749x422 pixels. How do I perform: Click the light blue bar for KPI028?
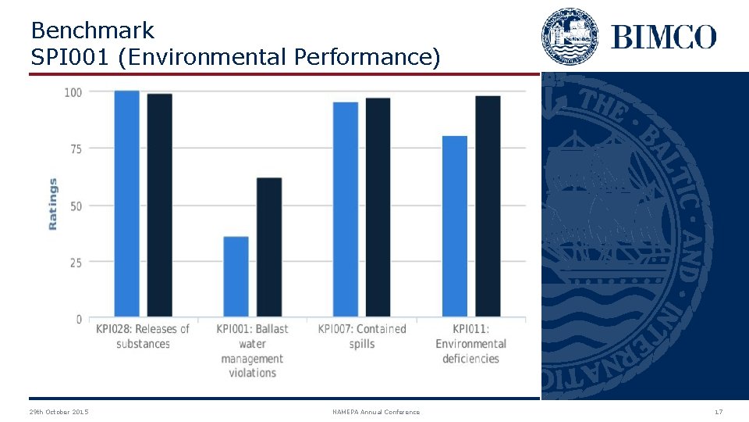point(126,204)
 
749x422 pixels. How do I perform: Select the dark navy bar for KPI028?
point(159,206)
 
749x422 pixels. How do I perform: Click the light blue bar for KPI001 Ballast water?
point(236,277)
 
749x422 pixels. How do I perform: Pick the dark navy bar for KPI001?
point(269,248)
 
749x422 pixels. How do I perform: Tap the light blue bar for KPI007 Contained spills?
point(346,209)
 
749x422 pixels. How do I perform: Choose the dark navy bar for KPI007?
point(378,207)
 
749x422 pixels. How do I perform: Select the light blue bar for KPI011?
point(455,227)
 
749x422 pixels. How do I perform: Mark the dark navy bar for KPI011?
point(488,206)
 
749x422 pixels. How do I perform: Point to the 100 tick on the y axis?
point(73,92)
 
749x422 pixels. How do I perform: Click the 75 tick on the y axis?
point(76,148)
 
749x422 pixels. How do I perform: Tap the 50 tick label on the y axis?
point(76,206)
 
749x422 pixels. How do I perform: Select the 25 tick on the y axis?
point(76,263)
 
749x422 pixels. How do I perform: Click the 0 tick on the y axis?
point(79,320)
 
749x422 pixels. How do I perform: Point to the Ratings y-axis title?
point(53,204)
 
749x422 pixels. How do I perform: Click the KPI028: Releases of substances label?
point(143,336)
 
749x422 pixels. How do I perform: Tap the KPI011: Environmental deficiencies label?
point(470,344)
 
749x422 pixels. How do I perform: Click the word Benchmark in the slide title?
point(93,31)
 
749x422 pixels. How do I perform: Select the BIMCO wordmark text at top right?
point(663,37)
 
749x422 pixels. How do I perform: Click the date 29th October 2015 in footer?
point(59,412)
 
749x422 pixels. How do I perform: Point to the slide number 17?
point(718,412)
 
